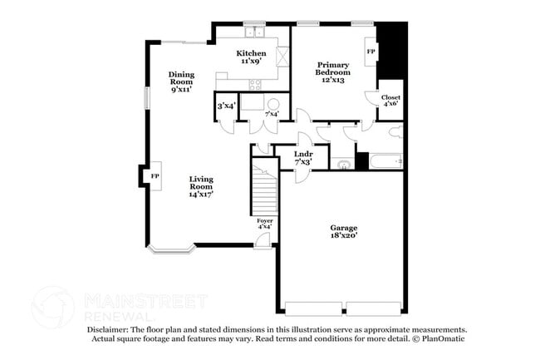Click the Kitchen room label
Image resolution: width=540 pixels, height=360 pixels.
click(253, 53)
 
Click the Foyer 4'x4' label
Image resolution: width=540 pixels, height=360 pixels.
click(264, 223)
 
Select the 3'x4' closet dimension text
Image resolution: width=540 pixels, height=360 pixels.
click(226, 106)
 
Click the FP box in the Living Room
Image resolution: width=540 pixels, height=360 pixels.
click(155, 176)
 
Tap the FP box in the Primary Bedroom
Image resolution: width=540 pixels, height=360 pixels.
click(371, 52)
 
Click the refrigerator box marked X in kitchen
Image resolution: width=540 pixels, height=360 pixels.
click(282, 57)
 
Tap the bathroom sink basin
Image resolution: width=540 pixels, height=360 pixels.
click(344, 164)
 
